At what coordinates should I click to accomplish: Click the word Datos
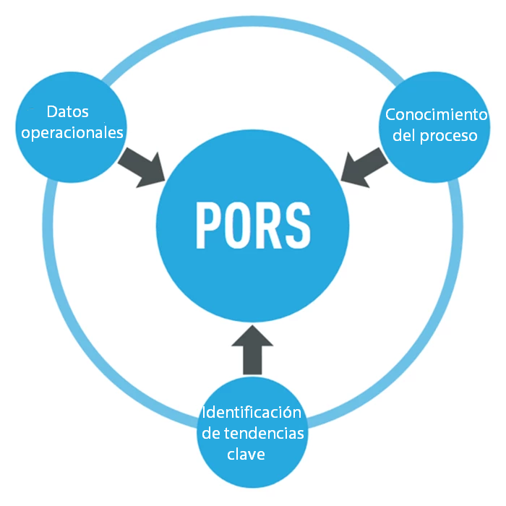click(x=68, y=112)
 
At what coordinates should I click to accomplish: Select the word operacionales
click(x=72, y=133)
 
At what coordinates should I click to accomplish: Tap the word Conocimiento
click(x=437, y=114)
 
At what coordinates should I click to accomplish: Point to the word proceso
click(x=449, y=137)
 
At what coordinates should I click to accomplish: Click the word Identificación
click(x=252, y=412)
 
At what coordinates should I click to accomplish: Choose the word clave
click(x=246, y=455)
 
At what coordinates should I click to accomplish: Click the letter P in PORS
click(x=210, y=226)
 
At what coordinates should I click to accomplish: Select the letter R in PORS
click(x=268, y=226)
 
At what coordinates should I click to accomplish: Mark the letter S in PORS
click(x=298, y=226)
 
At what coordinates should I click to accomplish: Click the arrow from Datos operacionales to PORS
click(x=142, y=167)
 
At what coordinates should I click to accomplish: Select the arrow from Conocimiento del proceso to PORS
click(x=364, y=167)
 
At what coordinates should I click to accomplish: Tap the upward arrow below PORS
click(x=252, y=350)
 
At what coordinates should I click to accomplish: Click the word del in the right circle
click(x=404, y=135)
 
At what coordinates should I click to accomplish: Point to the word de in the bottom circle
click(x=211, y=434)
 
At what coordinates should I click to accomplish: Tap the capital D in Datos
click(x=52, y=112)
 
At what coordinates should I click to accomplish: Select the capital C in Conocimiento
click(x=391, y=115)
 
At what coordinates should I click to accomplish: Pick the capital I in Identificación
click(x=204, y=413)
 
